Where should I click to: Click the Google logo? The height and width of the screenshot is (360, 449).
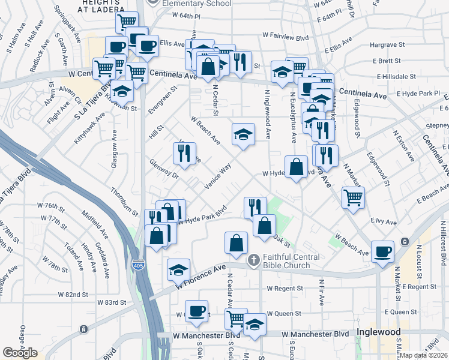point(20,353)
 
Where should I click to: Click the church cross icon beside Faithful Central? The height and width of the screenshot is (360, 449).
point(254,259)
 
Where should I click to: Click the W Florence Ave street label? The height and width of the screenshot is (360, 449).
point(200,277)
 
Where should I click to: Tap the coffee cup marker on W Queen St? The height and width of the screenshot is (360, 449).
point(196,311)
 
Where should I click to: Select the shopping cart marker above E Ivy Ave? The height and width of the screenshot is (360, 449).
point(353,197)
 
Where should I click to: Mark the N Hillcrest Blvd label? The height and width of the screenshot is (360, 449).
point(443,243)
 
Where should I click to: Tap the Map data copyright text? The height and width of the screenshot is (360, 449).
point(424,355)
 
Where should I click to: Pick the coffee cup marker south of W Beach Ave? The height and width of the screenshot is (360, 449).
point(382,252)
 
